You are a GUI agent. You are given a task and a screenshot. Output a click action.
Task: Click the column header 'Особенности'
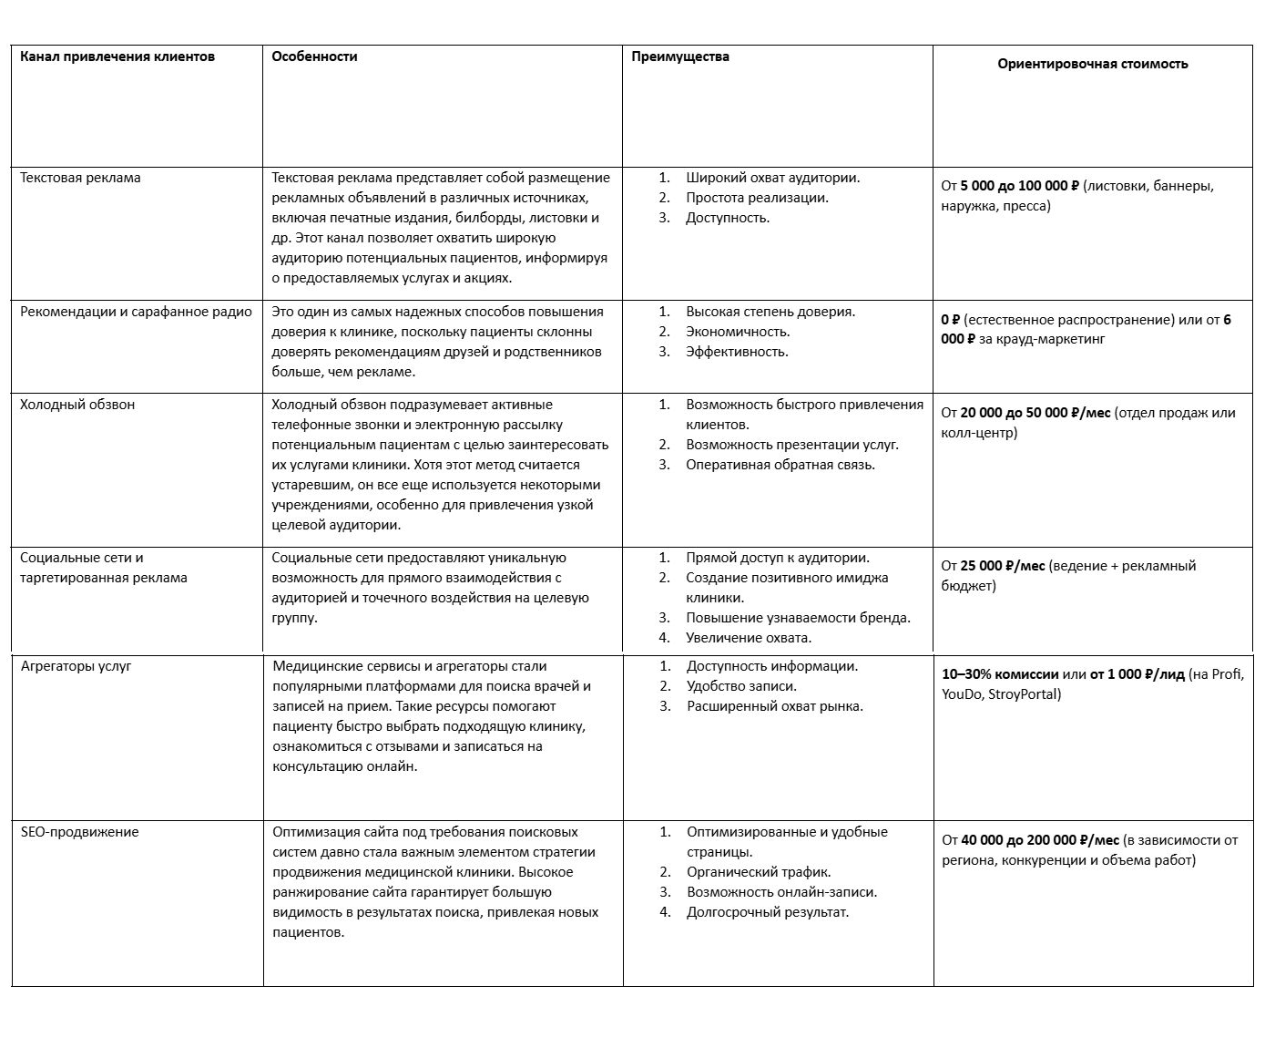(314, 56)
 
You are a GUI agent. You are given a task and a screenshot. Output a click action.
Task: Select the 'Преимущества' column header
(680, 56)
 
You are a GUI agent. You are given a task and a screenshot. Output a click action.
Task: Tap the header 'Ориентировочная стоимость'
(1092, 64)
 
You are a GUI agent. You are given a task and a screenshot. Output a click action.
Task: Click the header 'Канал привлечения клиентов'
(117, 56)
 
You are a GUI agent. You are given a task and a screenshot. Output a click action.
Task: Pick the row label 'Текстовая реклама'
(80, 178)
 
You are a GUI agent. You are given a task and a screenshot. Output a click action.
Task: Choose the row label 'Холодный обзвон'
(77, 405)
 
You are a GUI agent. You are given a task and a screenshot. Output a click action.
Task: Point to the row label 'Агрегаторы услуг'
(77, 666)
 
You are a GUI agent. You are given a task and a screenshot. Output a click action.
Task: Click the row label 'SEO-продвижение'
(80, 832)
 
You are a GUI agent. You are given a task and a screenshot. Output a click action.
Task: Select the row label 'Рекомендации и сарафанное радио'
(136, 312)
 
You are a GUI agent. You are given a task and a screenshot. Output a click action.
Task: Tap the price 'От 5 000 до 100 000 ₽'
(1009, 186)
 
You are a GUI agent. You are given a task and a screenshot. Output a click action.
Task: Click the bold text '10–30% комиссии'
(1000, 674)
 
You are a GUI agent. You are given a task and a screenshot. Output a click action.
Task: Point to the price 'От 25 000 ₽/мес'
(993, 566)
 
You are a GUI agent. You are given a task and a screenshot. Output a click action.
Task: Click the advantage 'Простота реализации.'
(757, 198)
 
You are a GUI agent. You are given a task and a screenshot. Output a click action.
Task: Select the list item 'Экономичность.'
(738, 332)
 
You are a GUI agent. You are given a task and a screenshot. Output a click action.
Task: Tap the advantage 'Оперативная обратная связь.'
(780, 465)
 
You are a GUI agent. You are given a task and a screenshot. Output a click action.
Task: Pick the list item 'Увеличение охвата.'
(749, 638)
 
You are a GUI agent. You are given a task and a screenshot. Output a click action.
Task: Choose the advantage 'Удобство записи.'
(741, 686)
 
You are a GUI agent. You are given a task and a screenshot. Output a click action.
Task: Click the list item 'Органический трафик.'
(759, 872)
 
